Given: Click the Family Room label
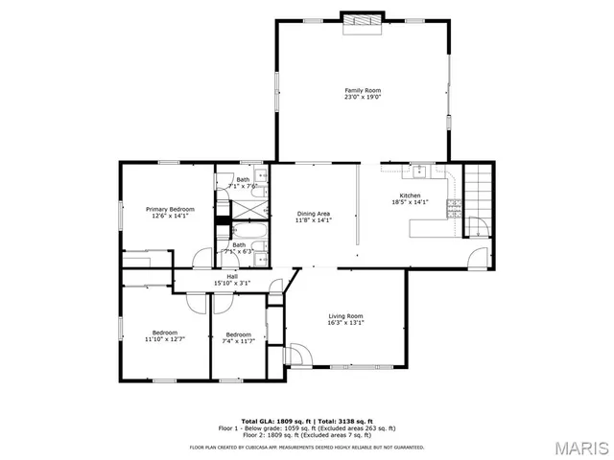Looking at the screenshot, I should (363, 90).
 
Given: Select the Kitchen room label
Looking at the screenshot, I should (410, 195).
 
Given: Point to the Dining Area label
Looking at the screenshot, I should (313, 214).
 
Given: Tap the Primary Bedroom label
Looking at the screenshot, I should (170, 209).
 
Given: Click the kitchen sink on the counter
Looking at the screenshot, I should (419, 171).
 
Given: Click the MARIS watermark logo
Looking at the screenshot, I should (579, 448).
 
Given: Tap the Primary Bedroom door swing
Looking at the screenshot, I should (202, 258).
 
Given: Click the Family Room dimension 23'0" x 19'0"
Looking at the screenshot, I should (363, 97).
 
